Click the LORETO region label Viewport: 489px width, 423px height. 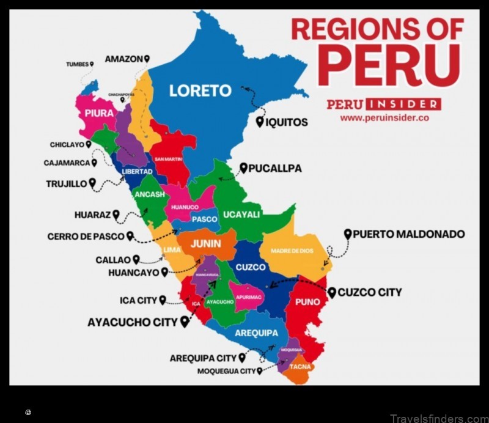click(x=200, y=91)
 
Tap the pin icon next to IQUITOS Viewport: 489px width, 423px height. click(x=259, y=122)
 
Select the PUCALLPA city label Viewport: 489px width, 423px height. click(x=274, y=168)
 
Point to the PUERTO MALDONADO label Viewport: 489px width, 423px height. click(x=408, y=234)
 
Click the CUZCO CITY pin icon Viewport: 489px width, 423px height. click(x=332, y=293)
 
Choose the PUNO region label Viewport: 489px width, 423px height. click(x=307, y=302)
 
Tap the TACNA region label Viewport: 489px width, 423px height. click(x=300, y=367)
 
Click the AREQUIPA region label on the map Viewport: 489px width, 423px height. click(x=256, y=334)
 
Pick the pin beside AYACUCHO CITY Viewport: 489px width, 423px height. click(x=185, y=322)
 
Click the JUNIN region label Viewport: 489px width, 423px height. click(x=205, y=243)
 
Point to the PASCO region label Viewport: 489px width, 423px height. click(x=204, y=219)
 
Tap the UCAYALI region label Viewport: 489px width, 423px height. click(x=241, y=215)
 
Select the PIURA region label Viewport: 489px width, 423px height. click(x=99, y=113)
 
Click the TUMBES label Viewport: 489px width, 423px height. click(x=77, y=64)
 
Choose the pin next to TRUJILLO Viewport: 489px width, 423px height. click(x=92, y=183)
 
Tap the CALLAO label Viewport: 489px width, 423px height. click(x=113, y=260)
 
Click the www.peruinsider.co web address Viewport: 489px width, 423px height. click(x=384, y=118)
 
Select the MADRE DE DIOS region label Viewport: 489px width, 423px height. click(x=292, y=251)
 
